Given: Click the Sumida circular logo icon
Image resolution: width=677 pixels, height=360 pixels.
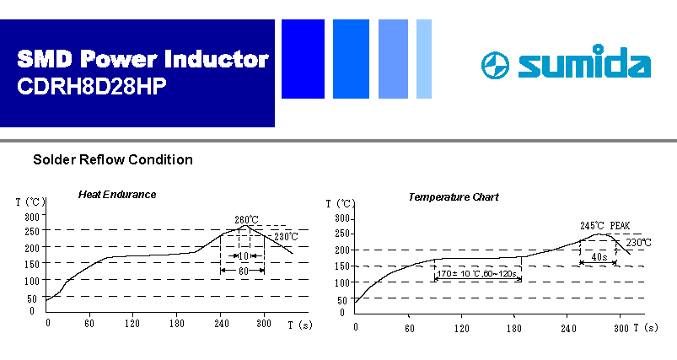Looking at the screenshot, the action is (x=495, y=65).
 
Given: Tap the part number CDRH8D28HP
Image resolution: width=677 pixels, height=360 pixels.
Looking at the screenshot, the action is (x=92, y=86).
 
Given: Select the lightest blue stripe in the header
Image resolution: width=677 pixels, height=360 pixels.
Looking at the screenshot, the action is (x=424, y=59).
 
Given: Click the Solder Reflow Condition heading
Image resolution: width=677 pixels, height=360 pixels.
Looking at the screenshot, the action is (x=113, y=159).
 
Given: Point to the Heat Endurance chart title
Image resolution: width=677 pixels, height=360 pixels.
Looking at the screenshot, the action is (x=117, y=195).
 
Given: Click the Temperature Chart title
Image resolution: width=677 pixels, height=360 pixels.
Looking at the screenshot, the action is (x=454, y=197).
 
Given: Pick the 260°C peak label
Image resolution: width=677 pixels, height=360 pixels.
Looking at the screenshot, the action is (x=246, y=220).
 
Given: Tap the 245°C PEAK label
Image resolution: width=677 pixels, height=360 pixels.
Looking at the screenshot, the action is (x=604, y=226).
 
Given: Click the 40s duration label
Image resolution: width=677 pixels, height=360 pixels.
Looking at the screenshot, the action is (x=599, y=257).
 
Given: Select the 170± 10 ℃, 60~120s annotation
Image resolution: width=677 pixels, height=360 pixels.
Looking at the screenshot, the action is (x=476, y=274).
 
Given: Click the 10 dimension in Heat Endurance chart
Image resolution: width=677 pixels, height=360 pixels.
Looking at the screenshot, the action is (x=244, y=256).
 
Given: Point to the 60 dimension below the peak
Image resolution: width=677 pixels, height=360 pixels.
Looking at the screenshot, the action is (x=244, y=271).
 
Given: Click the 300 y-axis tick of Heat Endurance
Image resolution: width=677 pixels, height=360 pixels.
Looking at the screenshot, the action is (x=32, y=217).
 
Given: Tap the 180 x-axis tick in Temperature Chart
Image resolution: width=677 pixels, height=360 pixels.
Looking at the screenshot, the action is (x=513, y=329).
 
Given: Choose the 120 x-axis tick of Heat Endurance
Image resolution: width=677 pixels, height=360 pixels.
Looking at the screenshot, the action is (x=132, y=323).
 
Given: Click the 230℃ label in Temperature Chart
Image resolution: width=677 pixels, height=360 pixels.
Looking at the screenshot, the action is (x=638, y=243).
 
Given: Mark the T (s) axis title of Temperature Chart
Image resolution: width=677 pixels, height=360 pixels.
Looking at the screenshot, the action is (x=646, y=328).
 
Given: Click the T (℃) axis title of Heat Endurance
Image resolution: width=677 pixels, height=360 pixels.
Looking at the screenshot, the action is (x=30, y=201).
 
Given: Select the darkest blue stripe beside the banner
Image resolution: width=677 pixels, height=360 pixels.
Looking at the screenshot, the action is (x=303, y=59).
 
